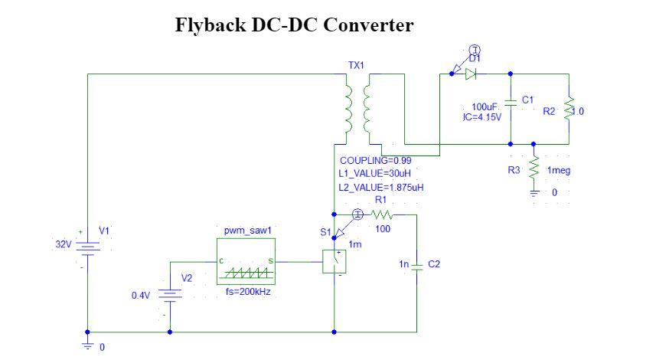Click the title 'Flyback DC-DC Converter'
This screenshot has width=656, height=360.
coord(295,25)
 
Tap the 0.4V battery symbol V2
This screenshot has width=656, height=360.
coord(169,295)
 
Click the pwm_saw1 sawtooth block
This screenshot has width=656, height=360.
coord(246,261)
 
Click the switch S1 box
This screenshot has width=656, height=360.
coord(335,262)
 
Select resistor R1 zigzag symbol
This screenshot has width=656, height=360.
coord(381,214)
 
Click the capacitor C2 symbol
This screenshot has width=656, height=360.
coord(416,265)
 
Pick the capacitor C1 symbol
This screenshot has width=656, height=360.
coord(511,103)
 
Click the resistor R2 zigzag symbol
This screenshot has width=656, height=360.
coord(569,110)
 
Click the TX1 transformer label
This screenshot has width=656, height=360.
coord(356,66)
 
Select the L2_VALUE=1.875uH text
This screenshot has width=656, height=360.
coord(380,186)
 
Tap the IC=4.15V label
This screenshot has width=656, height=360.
coord(482,117)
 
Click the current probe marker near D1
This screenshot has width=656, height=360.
coord(475,51)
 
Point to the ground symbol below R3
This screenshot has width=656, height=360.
coord(534,191)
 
